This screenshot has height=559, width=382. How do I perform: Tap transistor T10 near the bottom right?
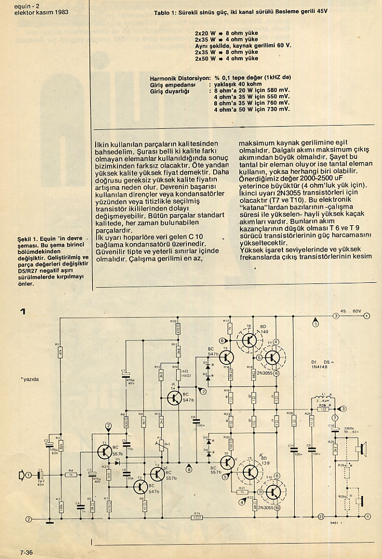click(273, 492)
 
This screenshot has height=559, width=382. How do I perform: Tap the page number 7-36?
click(26, 553)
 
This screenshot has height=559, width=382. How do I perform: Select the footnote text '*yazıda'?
click(31, 379)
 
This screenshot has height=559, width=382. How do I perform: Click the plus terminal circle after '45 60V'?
click(366, 316)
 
